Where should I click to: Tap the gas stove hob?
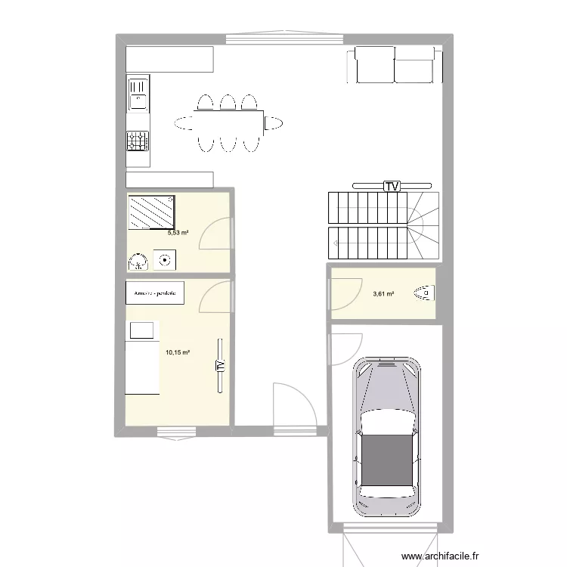click(138, 141)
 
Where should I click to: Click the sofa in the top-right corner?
click(393, 64)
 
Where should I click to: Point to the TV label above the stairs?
click(392, 186)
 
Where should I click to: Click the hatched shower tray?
click(152, 212)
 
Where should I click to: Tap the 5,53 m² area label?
click(178, 233)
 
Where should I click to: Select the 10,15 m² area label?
click(177, 352)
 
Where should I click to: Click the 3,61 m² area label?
click(383, 294)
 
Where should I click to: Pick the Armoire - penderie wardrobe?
click(155, 293)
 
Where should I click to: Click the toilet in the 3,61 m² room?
click(424, 291)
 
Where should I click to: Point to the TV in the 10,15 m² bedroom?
click(220, 365)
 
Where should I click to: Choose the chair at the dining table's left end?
click(184, 122)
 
